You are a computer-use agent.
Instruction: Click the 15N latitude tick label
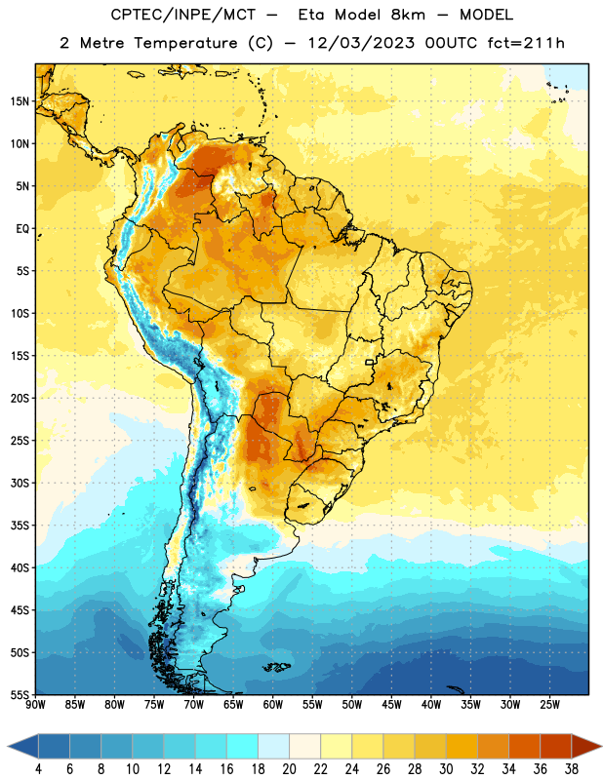tap(20, 101)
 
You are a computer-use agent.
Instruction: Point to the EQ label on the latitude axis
tap(22, 229)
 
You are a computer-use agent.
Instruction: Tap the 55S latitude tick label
tap(20, 694)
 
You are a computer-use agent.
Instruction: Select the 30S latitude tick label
tap(20, 483)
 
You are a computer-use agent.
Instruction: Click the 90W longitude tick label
tap(35, 705)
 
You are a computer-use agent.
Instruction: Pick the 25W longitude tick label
tap(549, 705)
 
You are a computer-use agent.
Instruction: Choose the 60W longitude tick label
tap(273, 705)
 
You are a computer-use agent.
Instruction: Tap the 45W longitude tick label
tap(391, 705)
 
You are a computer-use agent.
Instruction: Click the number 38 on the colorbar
tap(571, 769)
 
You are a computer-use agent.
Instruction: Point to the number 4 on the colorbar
tap(38, 769)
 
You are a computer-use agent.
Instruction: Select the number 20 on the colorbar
tap(289, 769)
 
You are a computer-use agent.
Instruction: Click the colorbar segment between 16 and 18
tap(243, 747)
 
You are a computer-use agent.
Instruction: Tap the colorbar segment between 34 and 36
tap(524, 747)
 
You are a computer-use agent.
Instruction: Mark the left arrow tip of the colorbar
tap(8, 747)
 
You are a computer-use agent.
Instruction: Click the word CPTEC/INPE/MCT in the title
tap(183, 15)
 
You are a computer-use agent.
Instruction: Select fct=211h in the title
tap(526, 43)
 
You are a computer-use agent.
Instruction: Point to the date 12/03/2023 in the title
tap(361, 43)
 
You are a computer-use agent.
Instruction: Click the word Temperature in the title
tap(185, 43)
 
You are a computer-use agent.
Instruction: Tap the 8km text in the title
tap(408, 15)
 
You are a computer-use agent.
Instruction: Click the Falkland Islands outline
tap(277, 667)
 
